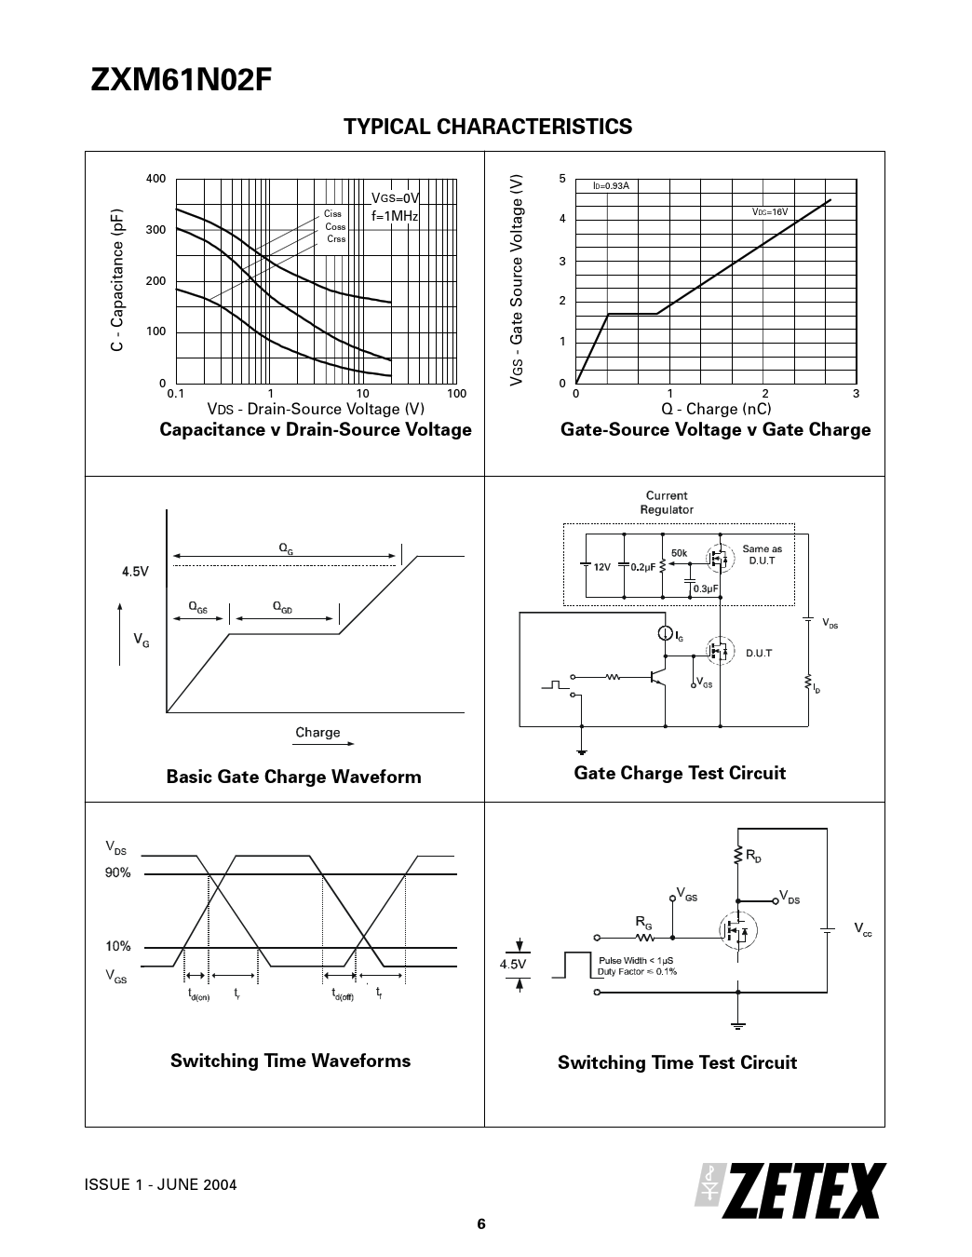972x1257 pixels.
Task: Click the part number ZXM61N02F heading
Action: (181, 80)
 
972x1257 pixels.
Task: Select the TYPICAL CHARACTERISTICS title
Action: (488, 127)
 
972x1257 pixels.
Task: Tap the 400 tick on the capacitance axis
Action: (155, 179)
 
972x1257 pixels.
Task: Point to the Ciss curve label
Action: (332, 214)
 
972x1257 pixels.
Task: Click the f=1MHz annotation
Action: (395, 216)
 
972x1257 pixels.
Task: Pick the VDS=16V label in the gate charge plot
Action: (770, 212)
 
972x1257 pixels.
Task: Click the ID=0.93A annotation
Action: (611, 186)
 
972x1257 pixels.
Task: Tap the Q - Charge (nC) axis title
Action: (716, 409)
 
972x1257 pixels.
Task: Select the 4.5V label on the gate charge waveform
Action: (135, 572)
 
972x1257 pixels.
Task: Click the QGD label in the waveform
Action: (282, 607)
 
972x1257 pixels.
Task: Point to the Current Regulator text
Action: (666, 503)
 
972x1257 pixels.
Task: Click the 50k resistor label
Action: (679, 553)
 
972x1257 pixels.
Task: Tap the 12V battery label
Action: (602, 567)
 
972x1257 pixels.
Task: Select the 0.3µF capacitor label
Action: (706, 588)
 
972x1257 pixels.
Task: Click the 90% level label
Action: (118, 872)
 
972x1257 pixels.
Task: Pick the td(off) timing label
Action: (343, 993)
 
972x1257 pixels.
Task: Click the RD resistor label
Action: (753, 855)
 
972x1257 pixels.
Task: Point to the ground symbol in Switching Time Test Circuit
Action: (737, 1025)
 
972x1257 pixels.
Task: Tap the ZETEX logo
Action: (790, 1191)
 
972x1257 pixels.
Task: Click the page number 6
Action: (481, 1223)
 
